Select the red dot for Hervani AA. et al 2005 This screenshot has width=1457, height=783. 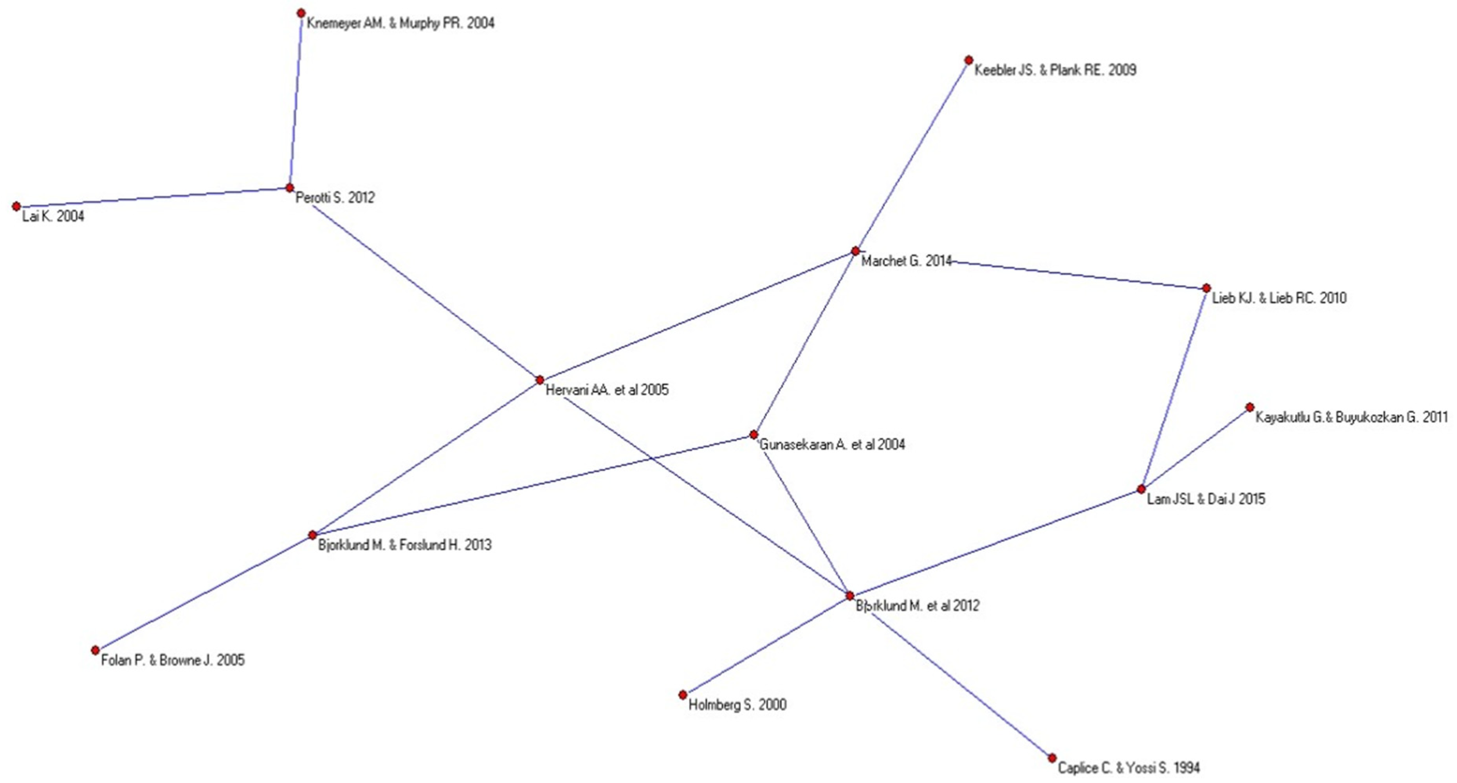point(539,380)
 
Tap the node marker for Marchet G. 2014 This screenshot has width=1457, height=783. point(856,251)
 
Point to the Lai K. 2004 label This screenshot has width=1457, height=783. point(53,216)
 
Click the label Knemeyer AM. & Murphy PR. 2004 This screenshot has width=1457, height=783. point(400,23)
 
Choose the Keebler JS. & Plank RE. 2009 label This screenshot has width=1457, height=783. point(1055,70)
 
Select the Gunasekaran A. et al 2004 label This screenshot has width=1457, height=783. point(832,445)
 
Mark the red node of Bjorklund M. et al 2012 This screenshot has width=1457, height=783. point(849,596)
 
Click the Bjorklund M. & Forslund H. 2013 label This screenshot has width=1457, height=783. point(405,545)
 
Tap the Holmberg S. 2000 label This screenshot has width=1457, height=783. point(738,705)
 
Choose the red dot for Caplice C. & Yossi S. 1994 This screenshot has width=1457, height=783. point(1052,758)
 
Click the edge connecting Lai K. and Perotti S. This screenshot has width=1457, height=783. point(153,197)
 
